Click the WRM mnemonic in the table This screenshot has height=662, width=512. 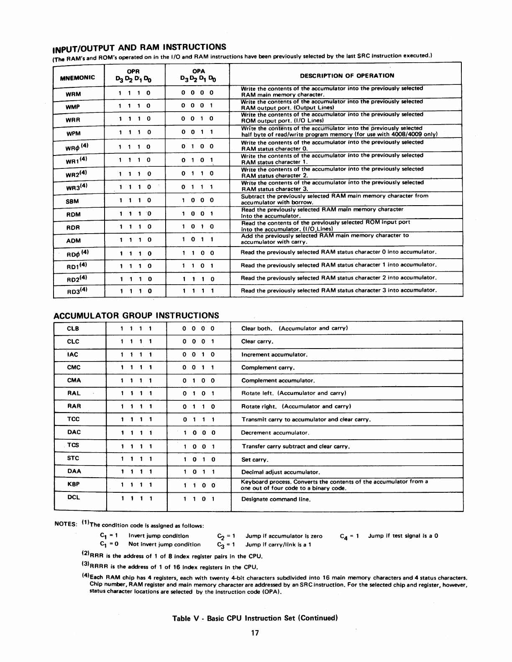coord(73,94)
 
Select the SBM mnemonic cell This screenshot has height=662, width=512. coord(73,201)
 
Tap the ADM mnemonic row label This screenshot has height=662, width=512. coord(73,240)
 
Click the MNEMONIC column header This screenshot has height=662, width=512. coord(77,78)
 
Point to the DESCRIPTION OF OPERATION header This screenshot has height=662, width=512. coord(347,76)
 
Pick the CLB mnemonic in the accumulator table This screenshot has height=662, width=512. coord(73,328)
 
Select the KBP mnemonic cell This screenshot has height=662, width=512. coord(73,484)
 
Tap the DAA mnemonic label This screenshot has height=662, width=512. coord(74,471)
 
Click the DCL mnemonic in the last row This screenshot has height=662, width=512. coord(74,497)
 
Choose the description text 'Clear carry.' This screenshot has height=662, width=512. coord(257,341)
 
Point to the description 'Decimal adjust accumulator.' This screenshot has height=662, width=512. coord(281,472)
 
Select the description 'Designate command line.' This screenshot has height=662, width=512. coord(276,499)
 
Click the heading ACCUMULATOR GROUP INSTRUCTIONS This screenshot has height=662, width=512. coord(136,315)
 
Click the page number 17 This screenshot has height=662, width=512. coord(255,633)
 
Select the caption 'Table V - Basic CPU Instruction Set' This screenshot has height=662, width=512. coord(255,618)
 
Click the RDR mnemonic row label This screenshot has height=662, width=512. coord(73,227)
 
